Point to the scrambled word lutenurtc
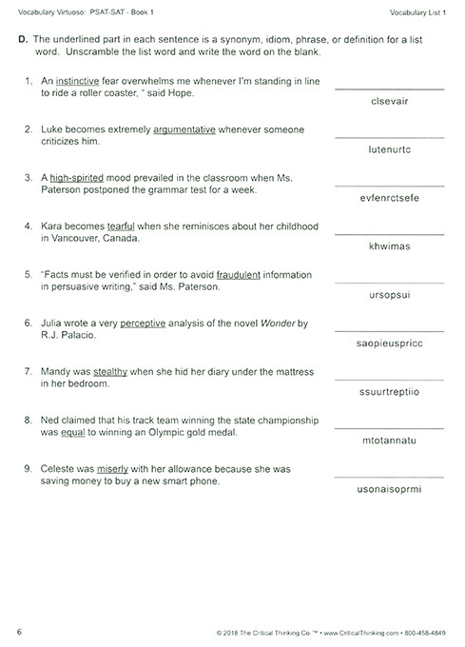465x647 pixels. click(x=388, y=149)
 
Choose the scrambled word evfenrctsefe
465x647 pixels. click(x=388, y=198)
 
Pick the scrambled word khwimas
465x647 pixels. click(x=388, y=246)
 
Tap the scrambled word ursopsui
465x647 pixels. click(x=388, y=295)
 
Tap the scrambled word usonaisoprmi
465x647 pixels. click(x=388, y=489)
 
